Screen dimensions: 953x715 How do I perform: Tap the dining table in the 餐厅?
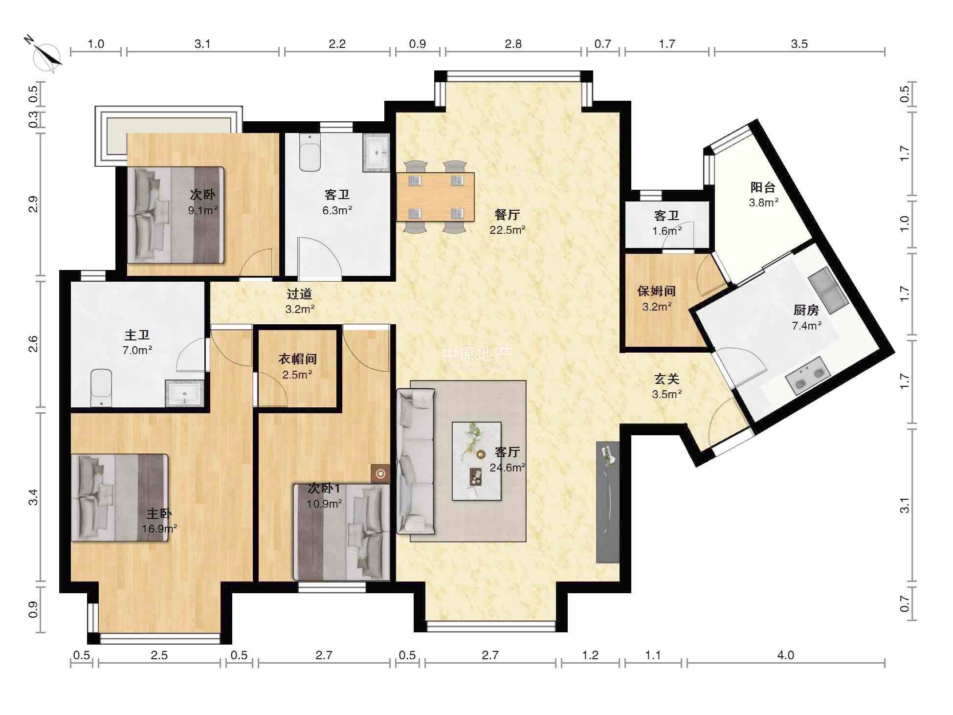[435, 197]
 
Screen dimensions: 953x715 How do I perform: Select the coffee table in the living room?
[477, 461]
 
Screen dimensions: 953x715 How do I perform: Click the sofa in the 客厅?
[416, 461]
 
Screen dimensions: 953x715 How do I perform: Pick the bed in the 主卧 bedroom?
[119, 497]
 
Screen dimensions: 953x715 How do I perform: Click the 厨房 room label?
[806, 310]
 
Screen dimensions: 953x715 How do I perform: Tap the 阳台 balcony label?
[763, 187]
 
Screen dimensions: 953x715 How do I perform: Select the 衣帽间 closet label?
[297, 359]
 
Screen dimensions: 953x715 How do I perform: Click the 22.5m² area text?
[508, 230]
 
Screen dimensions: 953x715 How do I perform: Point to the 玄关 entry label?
[666, 379]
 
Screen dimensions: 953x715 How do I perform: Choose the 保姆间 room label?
[656, 291]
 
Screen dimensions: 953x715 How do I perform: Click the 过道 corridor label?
[299, 294]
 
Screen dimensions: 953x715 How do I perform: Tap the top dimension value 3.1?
[202, 44]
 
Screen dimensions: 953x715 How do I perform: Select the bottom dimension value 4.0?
[786, 655]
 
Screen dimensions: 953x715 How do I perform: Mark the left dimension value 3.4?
[33, 497]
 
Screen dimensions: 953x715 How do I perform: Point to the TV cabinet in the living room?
[608, 502]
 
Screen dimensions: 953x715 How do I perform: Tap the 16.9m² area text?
[159, 529]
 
